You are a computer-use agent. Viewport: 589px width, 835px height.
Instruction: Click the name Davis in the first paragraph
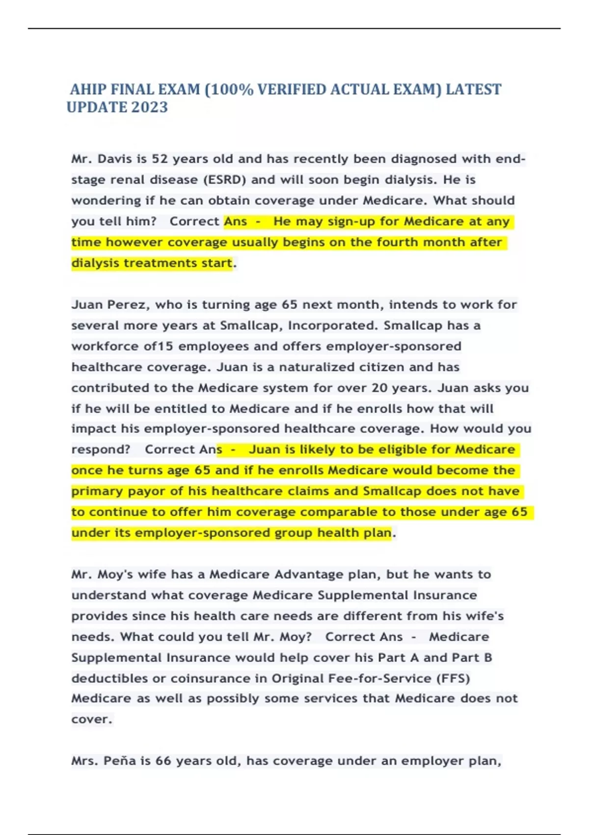[x=115, y=159]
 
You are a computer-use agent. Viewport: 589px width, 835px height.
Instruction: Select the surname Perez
[x=127, y=305]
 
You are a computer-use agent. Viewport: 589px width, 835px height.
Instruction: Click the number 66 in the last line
[x=163, y=761]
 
